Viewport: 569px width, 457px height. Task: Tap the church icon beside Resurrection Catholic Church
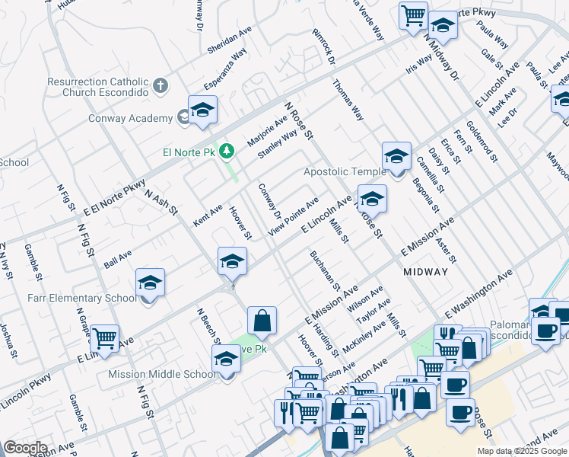tap(160, 85)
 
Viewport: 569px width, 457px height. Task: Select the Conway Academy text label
tap(130, 118)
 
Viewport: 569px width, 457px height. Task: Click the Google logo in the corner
tap(25, 448)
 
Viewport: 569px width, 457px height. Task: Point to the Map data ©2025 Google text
tap(522, 451)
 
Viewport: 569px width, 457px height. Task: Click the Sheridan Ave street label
tap(229, 41)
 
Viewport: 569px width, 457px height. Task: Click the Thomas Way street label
tap(348, 101)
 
